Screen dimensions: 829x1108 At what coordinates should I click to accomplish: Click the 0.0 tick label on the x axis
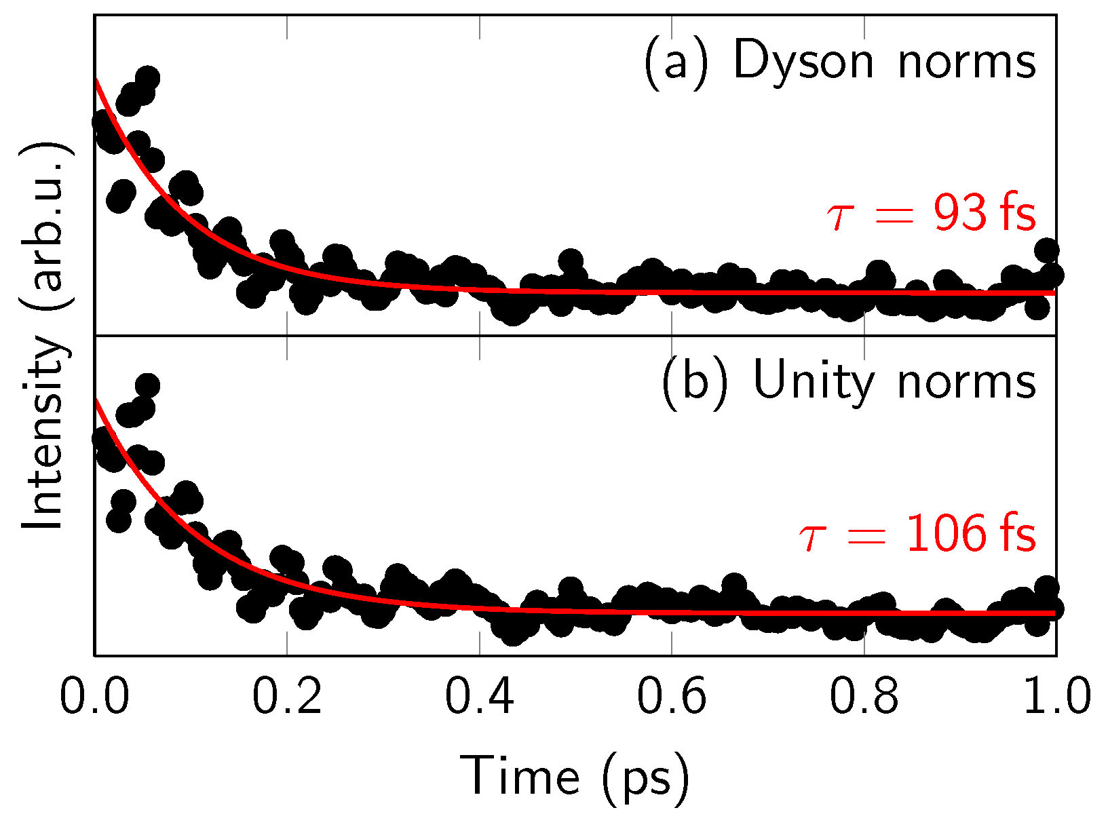[x=94, y=697]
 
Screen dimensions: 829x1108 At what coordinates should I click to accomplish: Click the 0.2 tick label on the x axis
[x=286, y=697]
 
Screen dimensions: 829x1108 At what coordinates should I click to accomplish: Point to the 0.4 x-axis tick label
[x=479, y=697]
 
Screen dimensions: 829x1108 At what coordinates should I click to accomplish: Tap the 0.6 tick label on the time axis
[x=671, y=697]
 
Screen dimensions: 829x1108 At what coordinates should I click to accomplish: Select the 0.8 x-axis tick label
[x=864, y=697]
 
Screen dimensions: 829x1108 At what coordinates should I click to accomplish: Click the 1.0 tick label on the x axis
[x=1056, y=697]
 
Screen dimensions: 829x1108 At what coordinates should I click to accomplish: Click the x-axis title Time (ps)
[x=575, y=777]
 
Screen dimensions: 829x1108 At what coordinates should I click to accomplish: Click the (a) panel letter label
[x=676, y=62]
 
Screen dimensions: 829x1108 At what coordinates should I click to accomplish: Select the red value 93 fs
[x=984, y=214]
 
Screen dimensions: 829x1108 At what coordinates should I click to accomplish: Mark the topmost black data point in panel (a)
[x=147, y=78]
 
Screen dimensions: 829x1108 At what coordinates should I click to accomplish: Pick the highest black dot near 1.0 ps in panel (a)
[x=1047, y=250]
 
